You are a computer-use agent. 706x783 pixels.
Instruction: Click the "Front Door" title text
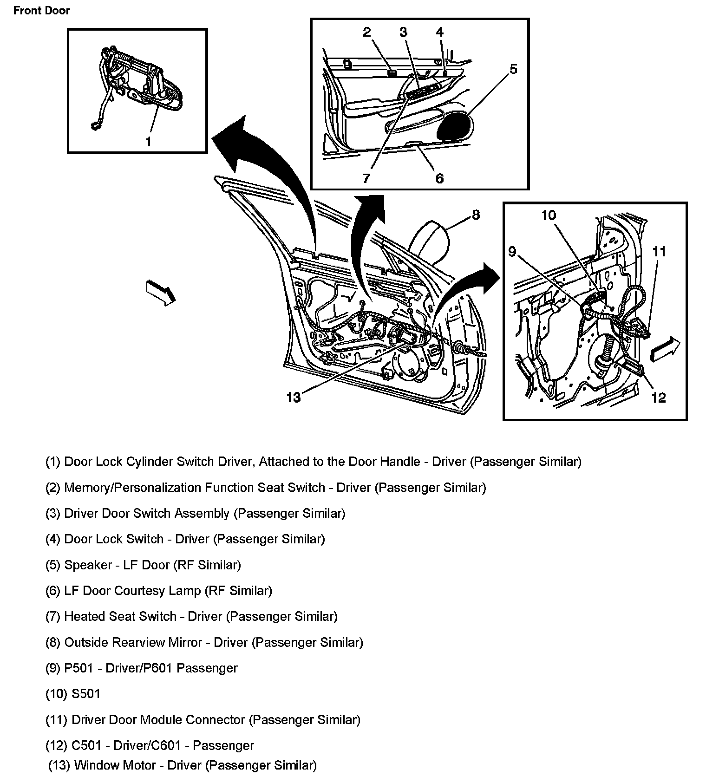click(x=41, y=11)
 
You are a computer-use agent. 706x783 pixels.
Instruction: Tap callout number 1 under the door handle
click(x=148, y=141)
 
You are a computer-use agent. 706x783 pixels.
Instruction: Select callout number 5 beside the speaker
click(x=513, y=69)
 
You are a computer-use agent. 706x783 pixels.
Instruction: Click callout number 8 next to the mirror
click(x=476, y=215)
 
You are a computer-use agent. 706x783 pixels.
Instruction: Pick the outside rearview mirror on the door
click(x=429, y=241)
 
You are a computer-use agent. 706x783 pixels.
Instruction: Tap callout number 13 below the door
click(x=294, y=398)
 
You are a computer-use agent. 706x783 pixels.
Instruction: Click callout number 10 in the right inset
click(x=548, y=215)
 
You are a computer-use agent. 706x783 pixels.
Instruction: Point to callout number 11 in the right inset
click(x=659, y=251)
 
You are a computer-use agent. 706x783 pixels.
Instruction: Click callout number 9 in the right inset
click(x=512, y=251)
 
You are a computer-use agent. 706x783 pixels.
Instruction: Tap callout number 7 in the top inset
click(x=366, y=178)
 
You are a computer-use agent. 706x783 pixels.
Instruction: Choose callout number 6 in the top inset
click(x=439, y=178)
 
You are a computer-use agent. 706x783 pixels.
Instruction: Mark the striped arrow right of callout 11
click(x=665, y=349)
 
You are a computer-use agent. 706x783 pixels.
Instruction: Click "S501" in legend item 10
click(x=86, y=694)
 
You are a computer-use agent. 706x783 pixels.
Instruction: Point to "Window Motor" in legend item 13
click(x=115, y=765)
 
